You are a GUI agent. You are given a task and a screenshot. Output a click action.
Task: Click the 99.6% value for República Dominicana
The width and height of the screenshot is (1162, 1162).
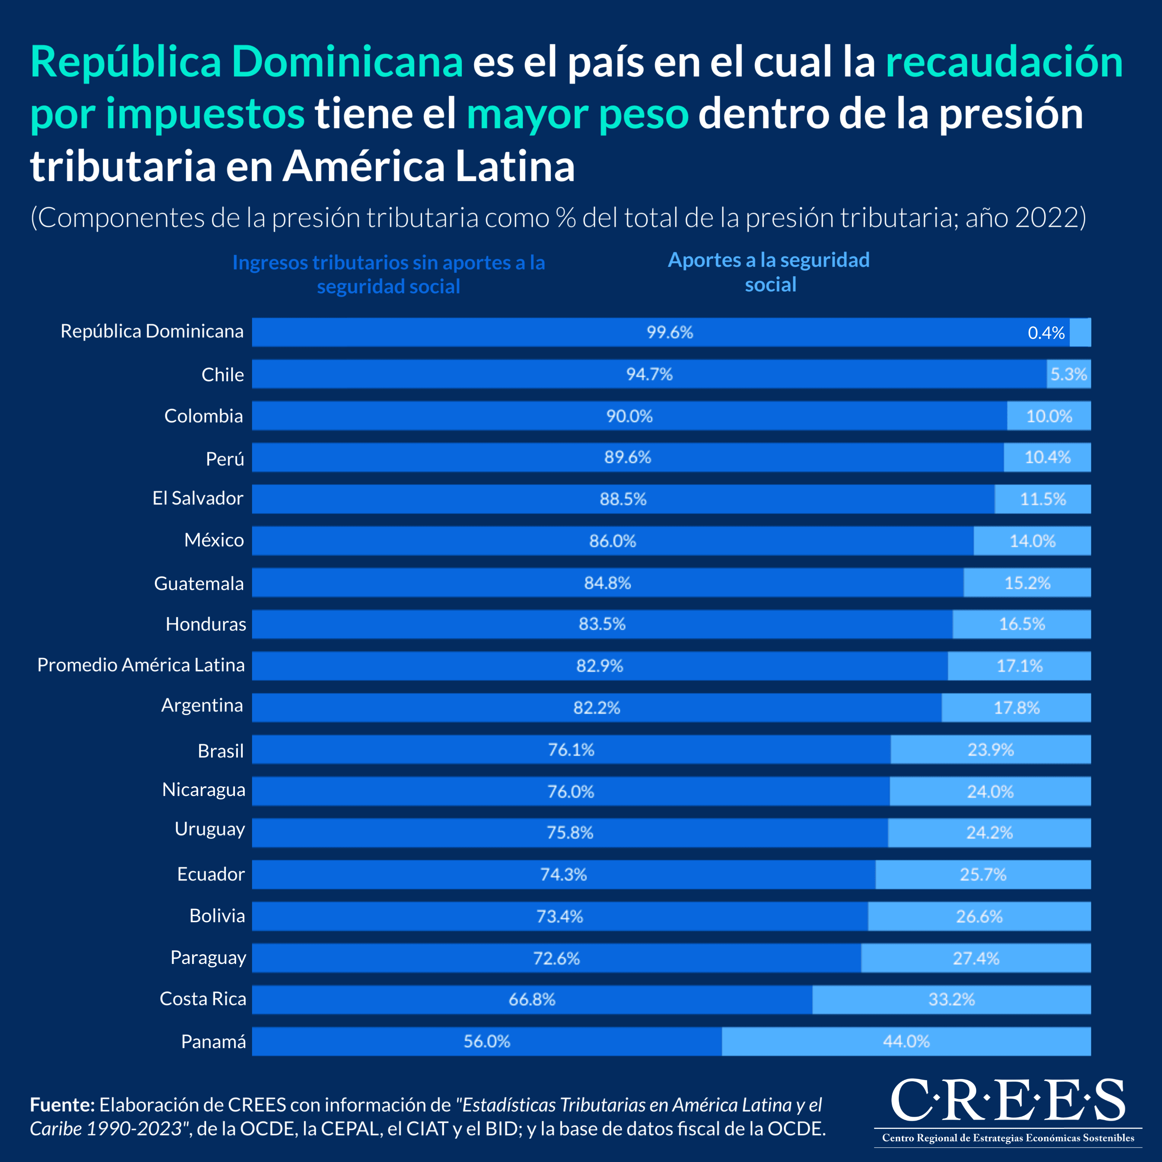669,332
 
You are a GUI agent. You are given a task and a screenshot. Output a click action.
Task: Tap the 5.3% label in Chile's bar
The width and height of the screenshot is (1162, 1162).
1068,374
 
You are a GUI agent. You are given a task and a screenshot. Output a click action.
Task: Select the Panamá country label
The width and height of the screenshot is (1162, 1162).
213,1041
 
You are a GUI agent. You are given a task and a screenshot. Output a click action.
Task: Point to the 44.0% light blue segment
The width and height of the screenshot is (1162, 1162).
906,1041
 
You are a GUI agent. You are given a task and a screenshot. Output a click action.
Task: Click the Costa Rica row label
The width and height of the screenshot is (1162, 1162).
203,999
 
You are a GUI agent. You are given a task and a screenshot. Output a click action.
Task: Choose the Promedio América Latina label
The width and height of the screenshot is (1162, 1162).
141,665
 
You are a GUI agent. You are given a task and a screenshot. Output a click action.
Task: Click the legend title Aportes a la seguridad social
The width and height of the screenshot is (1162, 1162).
769,272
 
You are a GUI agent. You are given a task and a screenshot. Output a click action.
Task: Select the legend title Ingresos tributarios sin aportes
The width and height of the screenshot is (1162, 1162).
389,274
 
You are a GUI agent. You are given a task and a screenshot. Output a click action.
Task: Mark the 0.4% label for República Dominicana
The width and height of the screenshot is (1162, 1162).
1046,332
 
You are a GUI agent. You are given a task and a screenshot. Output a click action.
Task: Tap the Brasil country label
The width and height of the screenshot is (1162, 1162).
221,751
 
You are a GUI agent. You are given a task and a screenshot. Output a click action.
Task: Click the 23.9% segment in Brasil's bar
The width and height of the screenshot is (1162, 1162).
990,749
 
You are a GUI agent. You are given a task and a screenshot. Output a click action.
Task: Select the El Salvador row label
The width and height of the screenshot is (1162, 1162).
197,498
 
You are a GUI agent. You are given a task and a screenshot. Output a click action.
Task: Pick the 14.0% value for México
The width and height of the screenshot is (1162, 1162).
1032,541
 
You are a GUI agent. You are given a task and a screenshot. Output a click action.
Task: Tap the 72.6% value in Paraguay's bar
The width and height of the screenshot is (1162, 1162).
556,958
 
